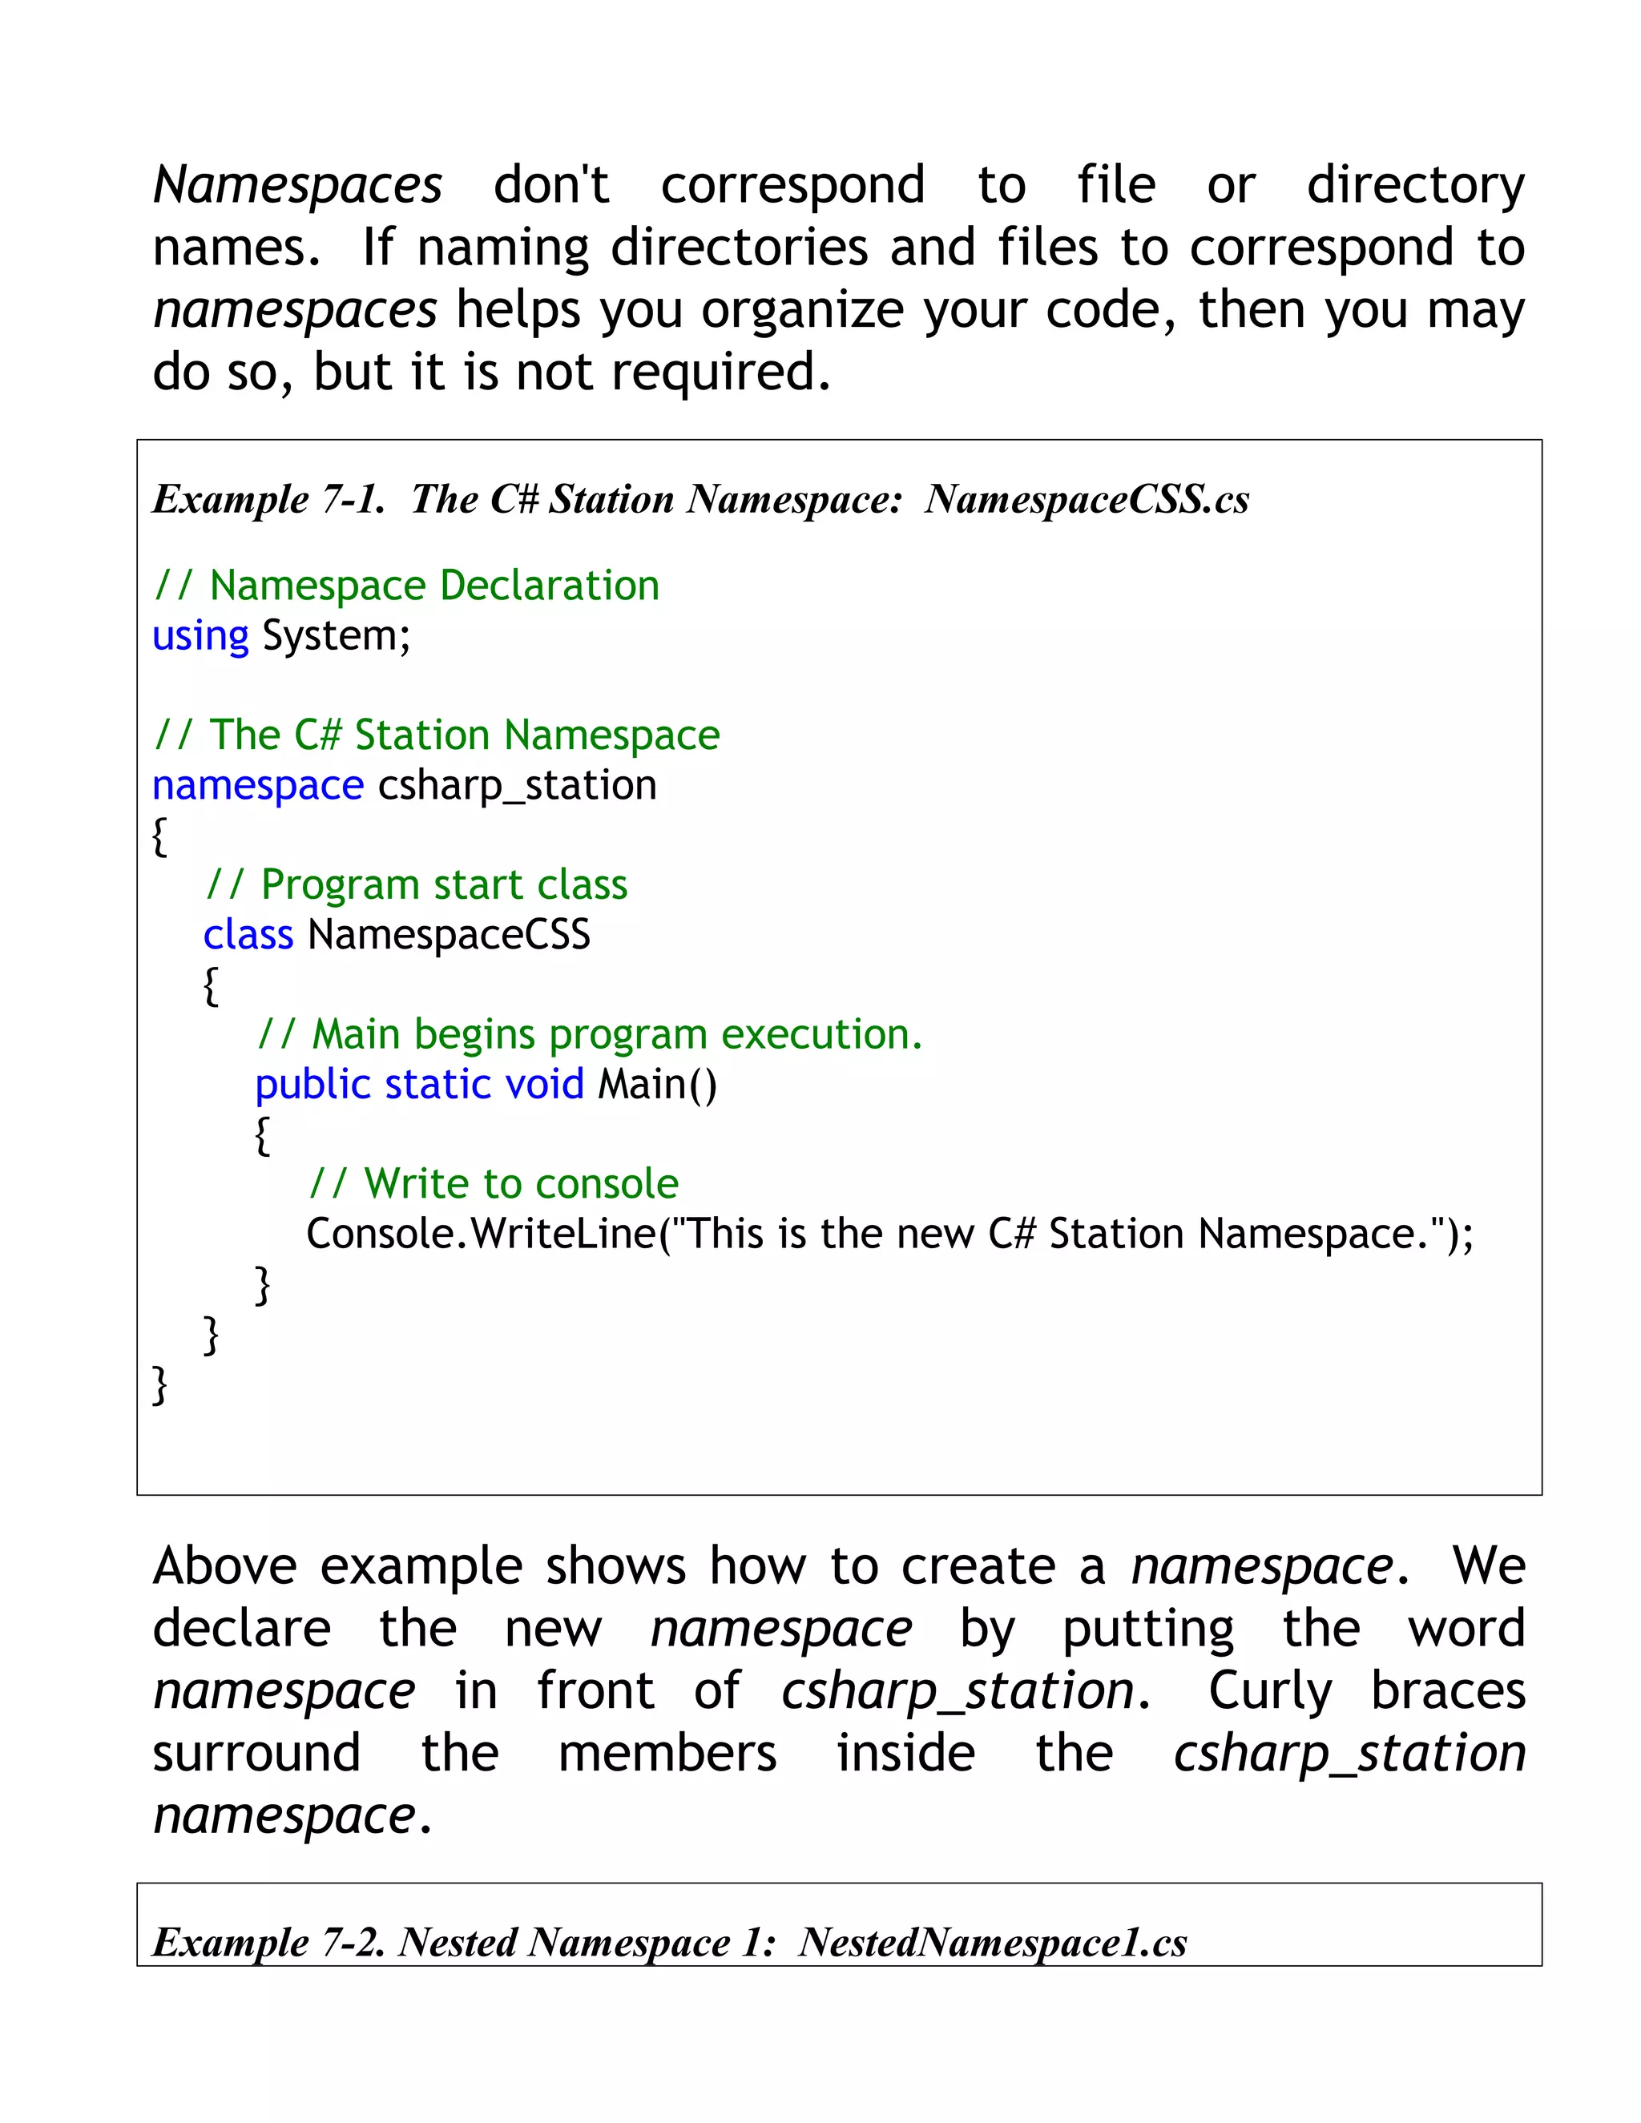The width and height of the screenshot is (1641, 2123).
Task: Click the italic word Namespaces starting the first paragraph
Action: coord(296,185)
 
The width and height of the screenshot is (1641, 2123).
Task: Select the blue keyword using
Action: coord(200,637)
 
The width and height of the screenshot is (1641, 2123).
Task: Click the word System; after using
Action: coord(337,637)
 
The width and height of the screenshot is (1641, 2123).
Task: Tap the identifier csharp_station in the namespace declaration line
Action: coord(517,785)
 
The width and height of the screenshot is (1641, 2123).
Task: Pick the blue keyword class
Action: coord(248,935)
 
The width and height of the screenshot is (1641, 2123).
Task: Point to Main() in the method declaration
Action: coord(657,1085)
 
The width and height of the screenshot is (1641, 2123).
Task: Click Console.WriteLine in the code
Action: coord(482,1235)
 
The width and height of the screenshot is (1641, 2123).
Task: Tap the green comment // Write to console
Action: coord(493,1184)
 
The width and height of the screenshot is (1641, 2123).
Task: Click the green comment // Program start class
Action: coord(416,885)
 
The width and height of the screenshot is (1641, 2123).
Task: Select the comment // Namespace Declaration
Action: coord(406,586)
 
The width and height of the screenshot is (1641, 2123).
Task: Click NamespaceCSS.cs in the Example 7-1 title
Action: coord(1086,500)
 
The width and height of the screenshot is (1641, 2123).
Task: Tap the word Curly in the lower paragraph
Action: coord(1268,1691)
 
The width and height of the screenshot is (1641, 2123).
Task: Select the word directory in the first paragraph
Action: coord(1416,185)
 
